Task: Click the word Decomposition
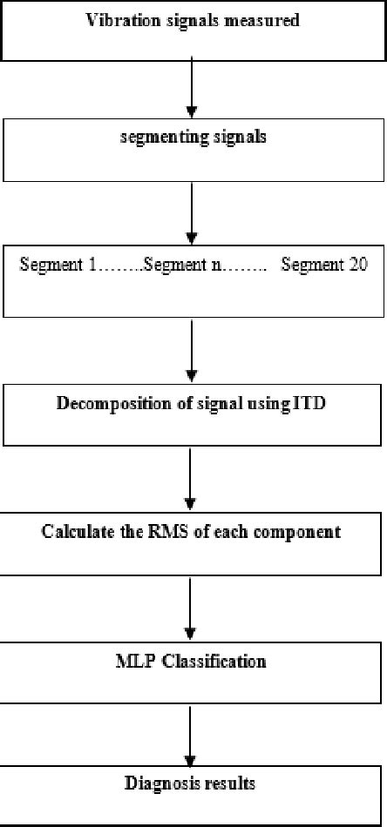point(108,404)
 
